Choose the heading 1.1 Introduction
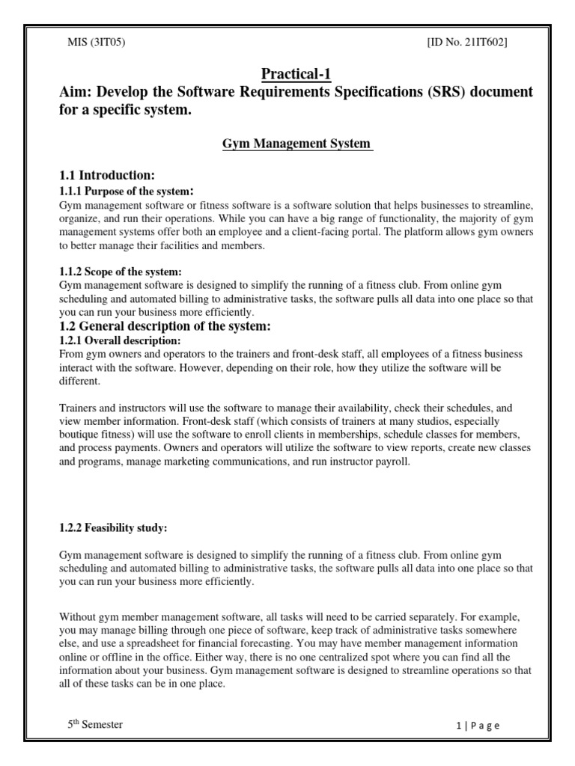pos(107,175)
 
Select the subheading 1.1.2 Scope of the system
pos(121,271)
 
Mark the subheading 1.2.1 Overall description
pos(120,340)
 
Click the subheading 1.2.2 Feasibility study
pos(113,528)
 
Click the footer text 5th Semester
pos(95,724)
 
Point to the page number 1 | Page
pos(477,725)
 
